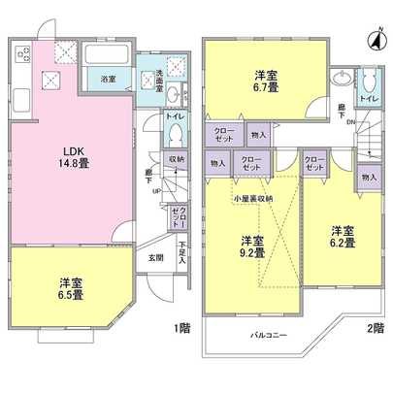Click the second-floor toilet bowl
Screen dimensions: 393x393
point(369,79)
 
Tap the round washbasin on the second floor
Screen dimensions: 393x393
point(342,81)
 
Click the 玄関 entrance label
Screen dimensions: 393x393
point(155,258)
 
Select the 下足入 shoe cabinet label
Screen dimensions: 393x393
point(182,259)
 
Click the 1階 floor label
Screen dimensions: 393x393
point(182,328)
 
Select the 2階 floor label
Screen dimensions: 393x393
point(376,328)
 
